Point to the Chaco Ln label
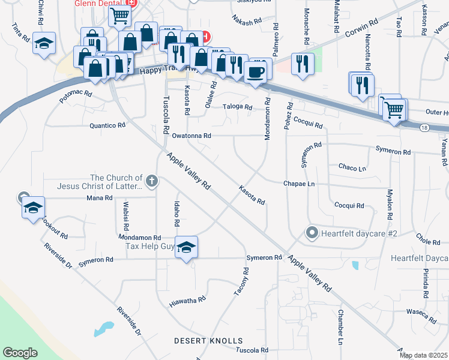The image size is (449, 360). [x=352, y=167]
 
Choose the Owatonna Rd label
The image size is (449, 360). [x=191, y=136]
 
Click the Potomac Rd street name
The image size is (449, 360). [x=76, y=97]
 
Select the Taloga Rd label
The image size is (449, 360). [x=238, y=106]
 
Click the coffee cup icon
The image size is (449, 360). [x=256, y=71]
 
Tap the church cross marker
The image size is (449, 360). [x=151, y=180]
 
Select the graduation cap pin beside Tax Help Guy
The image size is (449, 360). [x=187, y=247]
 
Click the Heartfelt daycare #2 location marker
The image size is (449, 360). [x=312, y=233]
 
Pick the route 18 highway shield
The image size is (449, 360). [x=424, y=128]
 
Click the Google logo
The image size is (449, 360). [x=20, y=352]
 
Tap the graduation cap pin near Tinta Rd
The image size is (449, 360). [x=44, y=43]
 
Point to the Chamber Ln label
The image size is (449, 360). [x=340, y=328]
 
